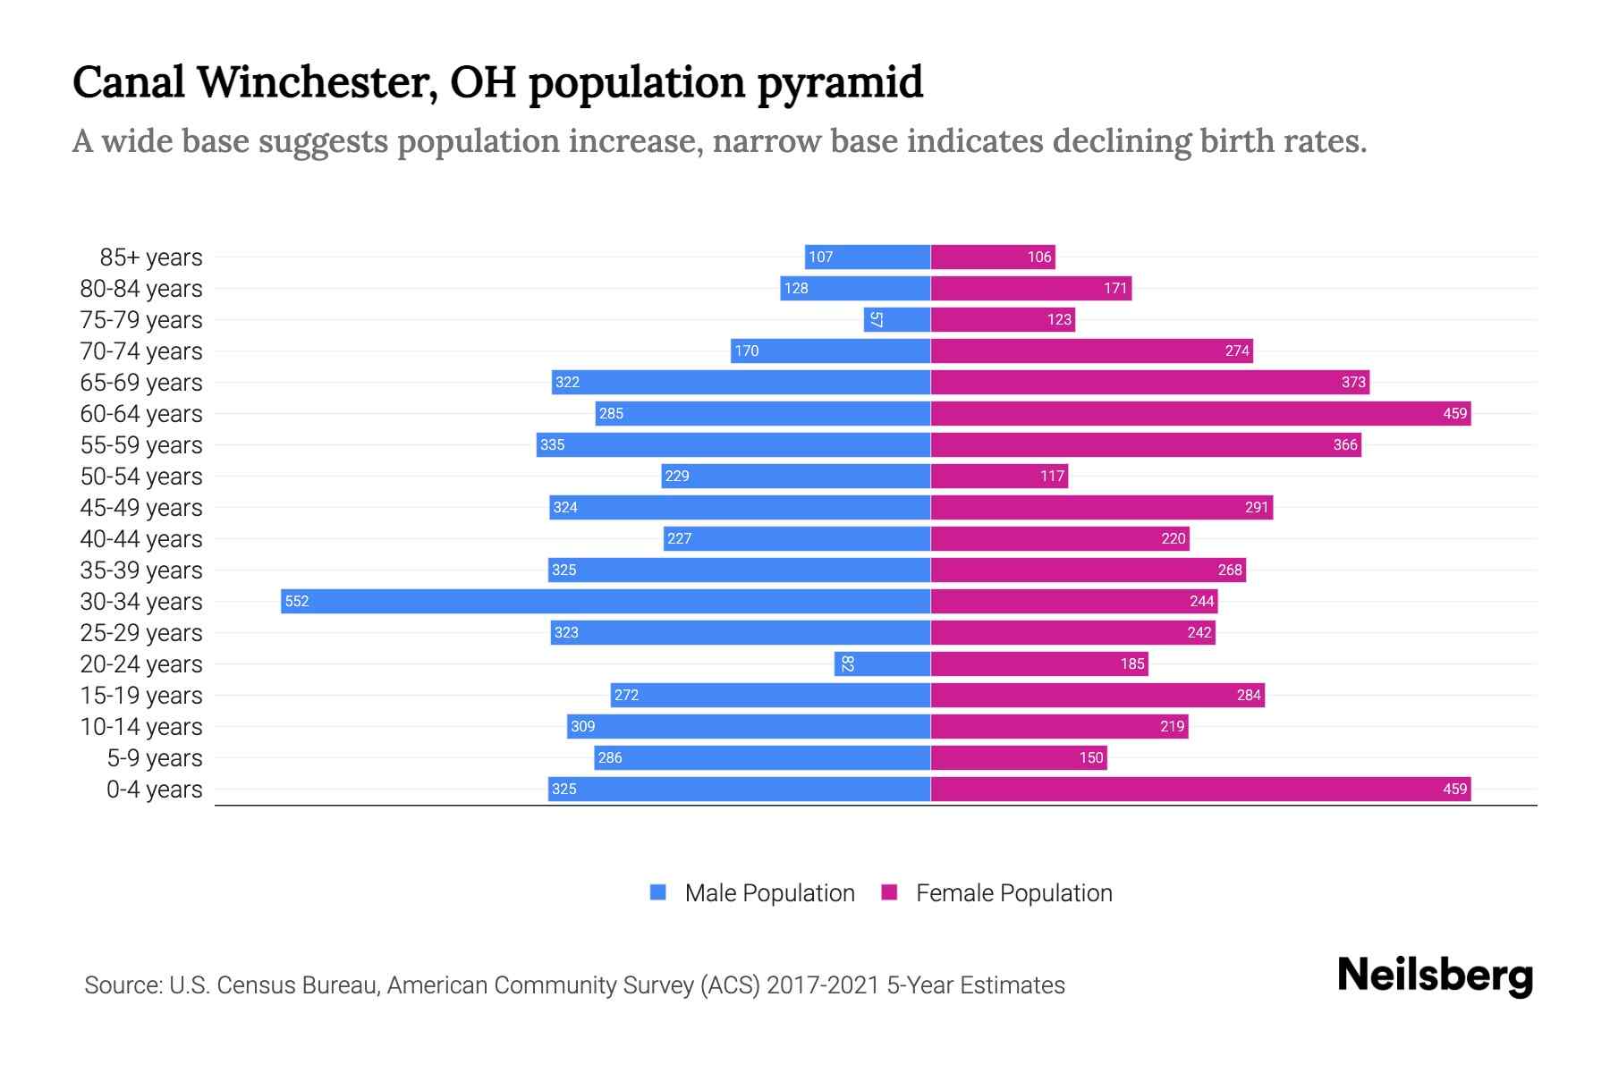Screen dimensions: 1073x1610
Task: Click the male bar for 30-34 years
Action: [606, 601]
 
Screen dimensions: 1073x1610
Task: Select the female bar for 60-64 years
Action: [1200, 413]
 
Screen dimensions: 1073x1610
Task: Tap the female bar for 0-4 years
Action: [1200, 789]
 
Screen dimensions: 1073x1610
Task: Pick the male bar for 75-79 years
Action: [897, 319]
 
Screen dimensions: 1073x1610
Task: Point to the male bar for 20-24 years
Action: [883, 663]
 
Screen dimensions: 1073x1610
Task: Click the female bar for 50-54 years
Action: [999, 476]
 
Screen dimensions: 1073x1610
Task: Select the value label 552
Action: [297, 601]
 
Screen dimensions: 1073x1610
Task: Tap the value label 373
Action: [1353, 382]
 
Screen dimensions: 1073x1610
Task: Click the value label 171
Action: [1115, 288]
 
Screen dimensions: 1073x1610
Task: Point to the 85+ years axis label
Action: [151, 258]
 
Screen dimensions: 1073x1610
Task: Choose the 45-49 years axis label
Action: [141, 508]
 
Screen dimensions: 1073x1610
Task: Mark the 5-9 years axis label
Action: [155, 758]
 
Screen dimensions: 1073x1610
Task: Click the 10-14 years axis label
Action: [141, 727]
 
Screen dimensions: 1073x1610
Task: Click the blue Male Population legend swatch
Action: [658, 892]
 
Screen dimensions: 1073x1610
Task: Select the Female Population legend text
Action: [1013, 893]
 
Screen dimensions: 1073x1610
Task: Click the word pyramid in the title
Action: [840, 82]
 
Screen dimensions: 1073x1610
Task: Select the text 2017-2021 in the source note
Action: [823, 985]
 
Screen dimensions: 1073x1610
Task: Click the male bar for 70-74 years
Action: [830, 351]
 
